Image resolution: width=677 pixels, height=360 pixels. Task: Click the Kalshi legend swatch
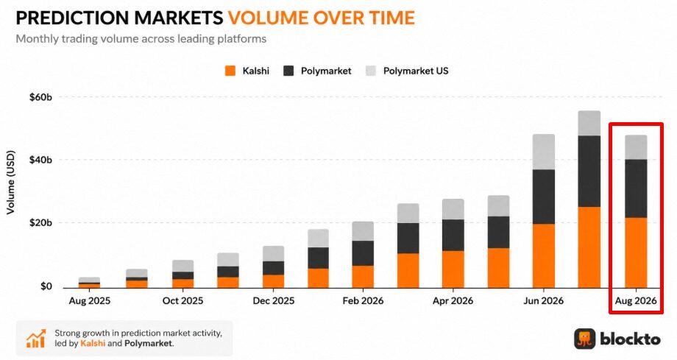[x=230, y=71]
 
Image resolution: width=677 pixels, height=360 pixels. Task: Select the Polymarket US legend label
[x=416, y=71]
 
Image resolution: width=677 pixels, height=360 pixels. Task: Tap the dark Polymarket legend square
[x=288, y=71]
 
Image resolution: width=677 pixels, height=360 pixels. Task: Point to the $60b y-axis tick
[x=40, y=97]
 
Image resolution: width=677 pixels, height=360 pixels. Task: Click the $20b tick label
[x=40, y=223]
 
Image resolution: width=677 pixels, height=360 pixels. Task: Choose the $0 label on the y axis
[x=46, y=286]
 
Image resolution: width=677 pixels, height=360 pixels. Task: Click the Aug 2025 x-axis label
[x=89, y=301]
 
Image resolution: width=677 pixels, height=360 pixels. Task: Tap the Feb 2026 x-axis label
[x=363, y=301]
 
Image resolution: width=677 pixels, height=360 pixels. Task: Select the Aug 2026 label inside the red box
[x=636, y=301]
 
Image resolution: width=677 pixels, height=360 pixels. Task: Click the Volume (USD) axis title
[x=11, y=182]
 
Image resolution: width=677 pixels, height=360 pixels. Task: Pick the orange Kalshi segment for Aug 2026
[x=636, y=253]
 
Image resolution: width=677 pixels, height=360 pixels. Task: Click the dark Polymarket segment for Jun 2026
[x=544, y=197]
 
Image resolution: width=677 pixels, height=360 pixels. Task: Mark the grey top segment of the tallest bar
[x=589, y=123]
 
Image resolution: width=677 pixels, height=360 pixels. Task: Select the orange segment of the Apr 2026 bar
[x=453, y=269]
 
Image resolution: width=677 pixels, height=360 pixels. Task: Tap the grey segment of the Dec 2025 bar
[x=273, y=254]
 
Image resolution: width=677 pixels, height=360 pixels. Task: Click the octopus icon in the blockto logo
[x=584, y=339]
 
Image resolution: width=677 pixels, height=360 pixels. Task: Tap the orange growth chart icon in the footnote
[x=36, y=339]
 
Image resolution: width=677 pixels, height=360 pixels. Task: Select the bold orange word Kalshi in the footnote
[x=93, y=344]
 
